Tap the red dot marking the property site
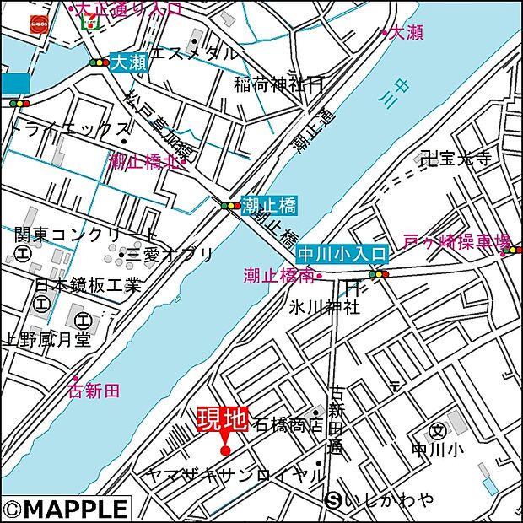pos(225,450)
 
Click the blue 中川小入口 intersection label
pos(341,253)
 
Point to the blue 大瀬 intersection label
pos(128,62)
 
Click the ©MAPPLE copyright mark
pos(67,510)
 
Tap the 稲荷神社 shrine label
pos(271,84)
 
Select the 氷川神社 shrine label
pos(324,307)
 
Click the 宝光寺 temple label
pos(461,158)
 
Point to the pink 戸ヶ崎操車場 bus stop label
pos(456,242)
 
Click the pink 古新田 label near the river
pos(94,390)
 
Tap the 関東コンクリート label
pos(85,234)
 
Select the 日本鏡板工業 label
pos(88,285)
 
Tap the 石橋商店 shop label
pos(287,424)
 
